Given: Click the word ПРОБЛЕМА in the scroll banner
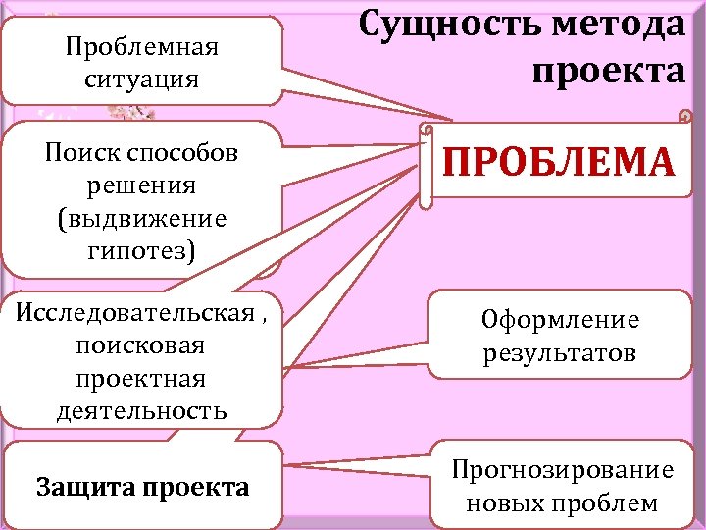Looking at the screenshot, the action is pyautogui.click(x=559, y=162).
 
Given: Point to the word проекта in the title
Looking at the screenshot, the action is pyautogui.click(x=609, y=70).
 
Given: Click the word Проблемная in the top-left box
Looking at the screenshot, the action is pyautogui.click(x=141, y=46).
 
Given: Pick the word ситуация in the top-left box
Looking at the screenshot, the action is pyautogui.click(x=141, y=78).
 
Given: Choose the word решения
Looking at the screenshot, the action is pyautogui.click(x=141, y=185).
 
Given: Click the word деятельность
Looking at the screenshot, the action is pyautogui.click(x=141, y=409).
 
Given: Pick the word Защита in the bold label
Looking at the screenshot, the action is pyautogui.click(x=83, y=488).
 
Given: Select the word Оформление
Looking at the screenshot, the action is pyautogui.click(x=560, y=320).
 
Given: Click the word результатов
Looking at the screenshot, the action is pyautogui.click(x=560, y=352).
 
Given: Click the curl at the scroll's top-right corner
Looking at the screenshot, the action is pyautogui.click(x=684, y=116).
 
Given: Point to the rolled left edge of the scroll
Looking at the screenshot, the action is pyautogui.click(x=425, y=167).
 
